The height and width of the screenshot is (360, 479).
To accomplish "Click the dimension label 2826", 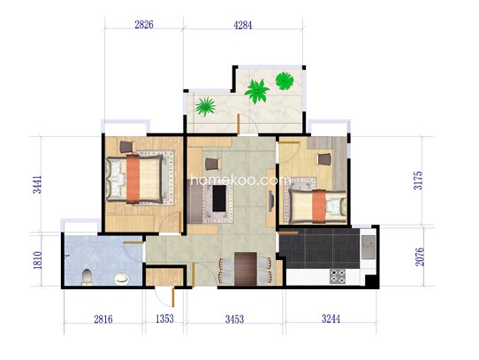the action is click(x=144, y=25).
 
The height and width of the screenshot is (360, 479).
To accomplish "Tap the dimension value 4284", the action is click(x=243, y=25).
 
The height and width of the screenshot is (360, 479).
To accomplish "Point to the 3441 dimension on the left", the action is click(x=37, y=185).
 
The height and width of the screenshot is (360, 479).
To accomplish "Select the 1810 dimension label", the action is click(x=37, y=260).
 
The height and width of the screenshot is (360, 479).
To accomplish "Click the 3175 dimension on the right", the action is click(x=418, y=180).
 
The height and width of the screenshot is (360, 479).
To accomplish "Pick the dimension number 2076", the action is click(x=420, y=257).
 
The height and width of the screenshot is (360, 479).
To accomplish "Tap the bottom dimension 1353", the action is click(x=164, y=318).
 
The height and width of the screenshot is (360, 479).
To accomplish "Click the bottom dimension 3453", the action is click(x=234, y=319).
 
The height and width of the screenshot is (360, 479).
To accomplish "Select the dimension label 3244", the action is click(x=331, y=318).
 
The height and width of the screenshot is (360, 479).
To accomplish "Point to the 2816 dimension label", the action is click(x=103, y=319).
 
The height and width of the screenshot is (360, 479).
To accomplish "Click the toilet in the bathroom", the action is click(x=87, y=277).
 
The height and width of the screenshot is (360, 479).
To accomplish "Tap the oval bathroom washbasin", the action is click(x=122, y=279).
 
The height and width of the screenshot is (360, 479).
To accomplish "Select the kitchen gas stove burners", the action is click(x=338, y=276).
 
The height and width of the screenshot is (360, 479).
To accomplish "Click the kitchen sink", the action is click(x=369, y=247).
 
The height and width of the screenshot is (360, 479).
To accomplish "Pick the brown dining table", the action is click(x=246, y=269).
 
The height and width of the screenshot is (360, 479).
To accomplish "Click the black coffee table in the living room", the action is click(x=219, y=198).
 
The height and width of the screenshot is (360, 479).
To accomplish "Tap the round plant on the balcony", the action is click(x=285, y=81).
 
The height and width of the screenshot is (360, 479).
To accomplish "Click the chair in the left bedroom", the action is click(x=126, y=147).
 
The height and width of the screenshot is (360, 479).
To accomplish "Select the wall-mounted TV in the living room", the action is click(x=270, y=201).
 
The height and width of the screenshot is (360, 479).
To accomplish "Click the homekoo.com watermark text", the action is click(x=239, y=180).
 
